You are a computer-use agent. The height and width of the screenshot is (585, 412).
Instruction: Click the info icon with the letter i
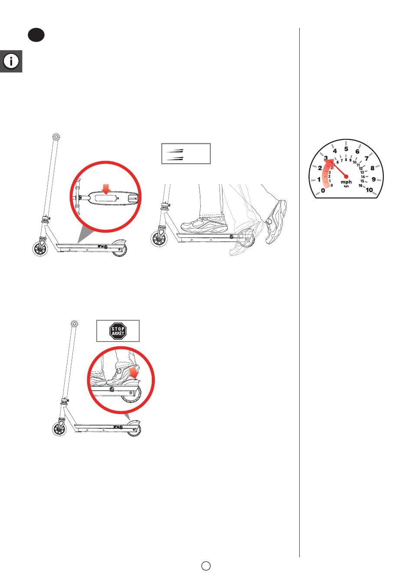[11, 61]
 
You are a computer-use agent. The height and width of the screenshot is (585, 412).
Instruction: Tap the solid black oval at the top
[36, 35]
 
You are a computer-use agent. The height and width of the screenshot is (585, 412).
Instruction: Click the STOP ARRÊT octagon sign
[118, 331]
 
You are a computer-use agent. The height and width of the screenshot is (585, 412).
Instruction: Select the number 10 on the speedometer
[369, 190]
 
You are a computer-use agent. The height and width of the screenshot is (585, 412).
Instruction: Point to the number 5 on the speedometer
[346, 149]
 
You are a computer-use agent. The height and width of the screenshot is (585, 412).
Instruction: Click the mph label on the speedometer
[346, 182]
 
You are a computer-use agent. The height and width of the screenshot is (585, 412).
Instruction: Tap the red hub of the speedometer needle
[346, 177]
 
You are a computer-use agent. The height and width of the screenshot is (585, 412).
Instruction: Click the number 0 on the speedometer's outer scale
[323, 191]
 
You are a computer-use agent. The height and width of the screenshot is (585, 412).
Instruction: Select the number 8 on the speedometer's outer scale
[373, 168]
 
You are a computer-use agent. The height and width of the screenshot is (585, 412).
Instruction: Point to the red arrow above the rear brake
[134, 372]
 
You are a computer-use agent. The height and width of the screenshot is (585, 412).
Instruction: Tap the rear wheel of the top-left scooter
[120, 250]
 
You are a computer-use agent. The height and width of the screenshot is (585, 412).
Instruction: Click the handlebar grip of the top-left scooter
[56, 137]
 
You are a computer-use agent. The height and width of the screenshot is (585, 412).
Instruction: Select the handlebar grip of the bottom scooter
[74, 324]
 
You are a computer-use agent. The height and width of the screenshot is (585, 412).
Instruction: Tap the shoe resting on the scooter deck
[204, 224]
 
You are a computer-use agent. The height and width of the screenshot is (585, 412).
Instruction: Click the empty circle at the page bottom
[206, 565]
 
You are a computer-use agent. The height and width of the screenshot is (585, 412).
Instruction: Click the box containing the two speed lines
[186, 154]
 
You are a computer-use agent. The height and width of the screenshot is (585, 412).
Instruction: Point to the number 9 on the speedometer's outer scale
[373, 179]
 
